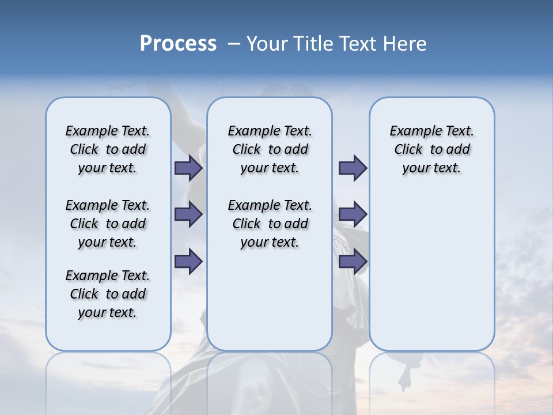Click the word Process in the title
(178, 44)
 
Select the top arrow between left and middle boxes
(188, 168)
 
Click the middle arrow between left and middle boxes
(188, 214)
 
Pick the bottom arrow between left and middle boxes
(188, 262)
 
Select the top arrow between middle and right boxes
(353, 168)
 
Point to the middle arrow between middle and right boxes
(353, 214)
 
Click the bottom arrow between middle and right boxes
(353, 262)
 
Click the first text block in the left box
(108, 149)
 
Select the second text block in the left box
(108, 224)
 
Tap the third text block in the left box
(108, 294)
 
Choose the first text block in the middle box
(270, 149)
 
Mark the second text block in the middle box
(270, 224)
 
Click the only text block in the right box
(431, 149)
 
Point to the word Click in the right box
(408, 150)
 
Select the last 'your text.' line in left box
(108, 312)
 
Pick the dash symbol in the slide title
(234, 44)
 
